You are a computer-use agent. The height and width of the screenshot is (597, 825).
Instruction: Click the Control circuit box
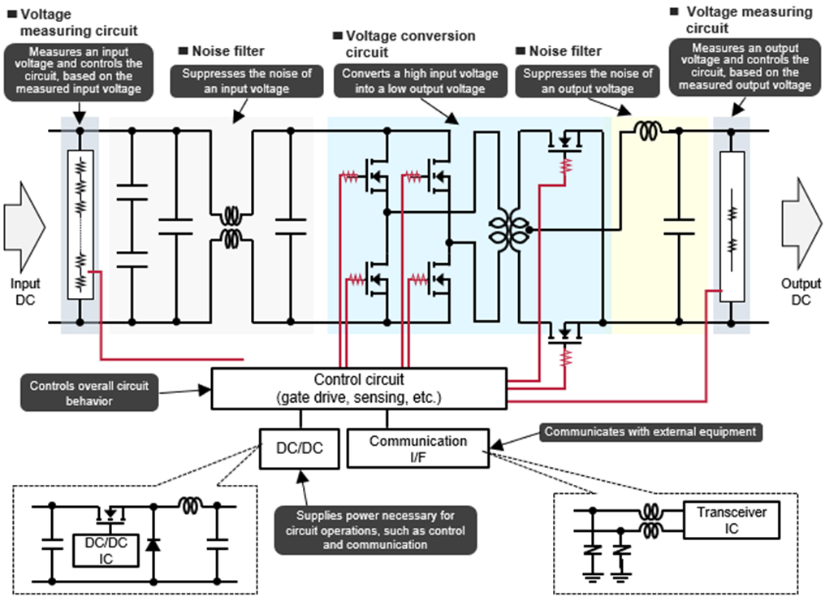coord(359,388)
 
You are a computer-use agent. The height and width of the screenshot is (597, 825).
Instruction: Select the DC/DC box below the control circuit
coord(300,448)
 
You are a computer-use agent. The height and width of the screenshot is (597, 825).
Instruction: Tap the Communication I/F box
coord(418,448)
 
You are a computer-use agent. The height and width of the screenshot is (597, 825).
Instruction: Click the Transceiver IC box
coord(732,520)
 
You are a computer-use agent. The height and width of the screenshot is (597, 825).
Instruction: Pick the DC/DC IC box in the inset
coord(106,550)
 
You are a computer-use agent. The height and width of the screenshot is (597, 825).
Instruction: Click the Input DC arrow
coord(24,227)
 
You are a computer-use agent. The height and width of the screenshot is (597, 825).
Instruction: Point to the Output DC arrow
coord(801,223)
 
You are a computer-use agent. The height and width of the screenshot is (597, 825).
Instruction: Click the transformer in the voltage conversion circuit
coord(509,230)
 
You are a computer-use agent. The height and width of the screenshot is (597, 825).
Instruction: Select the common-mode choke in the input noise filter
coord(231,227)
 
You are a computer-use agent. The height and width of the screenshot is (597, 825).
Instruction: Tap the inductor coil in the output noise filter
coord(648,130)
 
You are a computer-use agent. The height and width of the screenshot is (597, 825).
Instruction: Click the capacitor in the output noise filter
coord(679,227)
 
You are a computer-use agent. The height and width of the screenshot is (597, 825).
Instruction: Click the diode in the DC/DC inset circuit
coord(153,544)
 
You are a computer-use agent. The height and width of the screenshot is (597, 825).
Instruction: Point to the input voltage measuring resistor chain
coord(80,225)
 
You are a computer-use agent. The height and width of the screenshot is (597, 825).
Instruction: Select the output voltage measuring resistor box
coord(732,227)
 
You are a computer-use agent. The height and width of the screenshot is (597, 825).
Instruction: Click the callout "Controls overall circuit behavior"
coord(89,393)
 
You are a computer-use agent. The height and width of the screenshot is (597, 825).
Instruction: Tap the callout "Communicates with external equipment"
coord(650,431)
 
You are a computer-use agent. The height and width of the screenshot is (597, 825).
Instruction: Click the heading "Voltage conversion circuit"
coord(405,44)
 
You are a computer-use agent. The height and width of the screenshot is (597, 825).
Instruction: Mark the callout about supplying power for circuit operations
coord(375,530)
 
